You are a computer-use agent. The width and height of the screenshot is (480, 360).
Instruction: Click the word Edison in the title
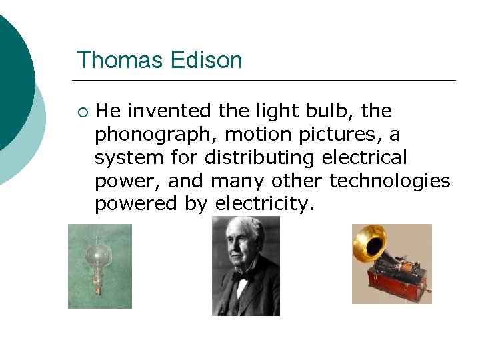[206, 60]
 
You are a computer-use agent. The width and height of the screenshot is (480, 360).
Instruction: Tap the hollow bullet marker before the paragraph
[82, 111]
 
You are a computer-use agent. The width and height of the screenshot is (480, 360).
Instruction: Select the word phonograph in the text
[155, 135]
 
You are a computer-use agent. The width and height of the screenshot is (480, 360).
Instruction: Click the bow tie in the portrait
[240, 275]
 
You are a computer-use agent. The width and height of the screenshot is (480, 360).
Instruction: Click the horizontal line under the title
[267, 81]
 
